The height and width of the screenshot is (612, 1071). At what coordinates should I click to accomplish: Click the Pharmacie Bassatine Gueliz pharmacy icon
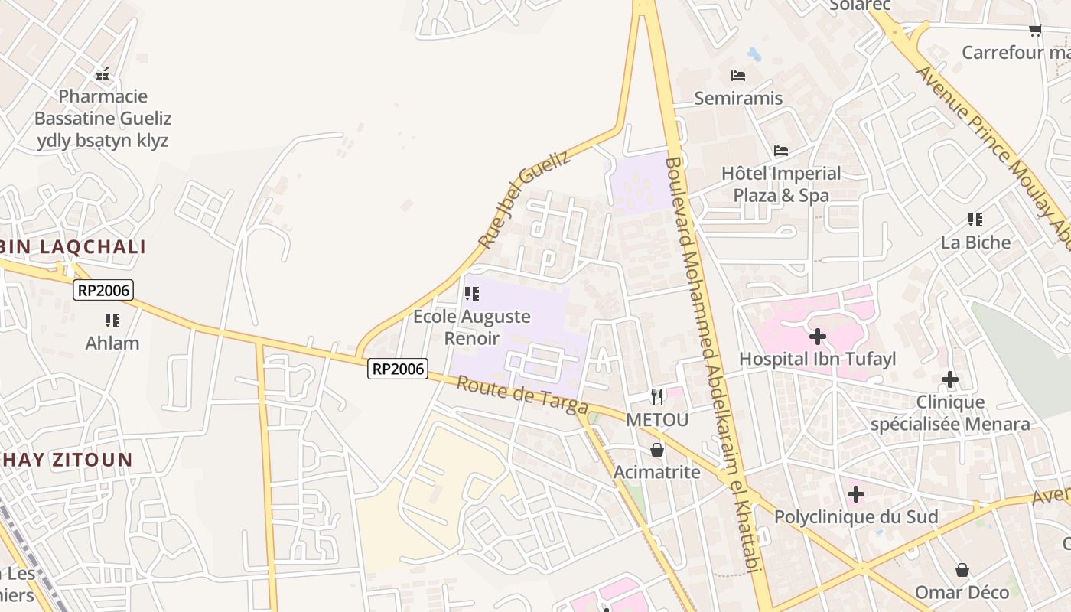103,74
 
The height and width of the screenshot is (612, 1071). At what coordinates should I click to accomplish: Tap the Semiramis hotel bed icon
738,76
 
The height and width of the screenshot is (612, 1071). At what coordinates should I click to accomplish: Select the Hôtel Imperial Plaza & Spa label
781,184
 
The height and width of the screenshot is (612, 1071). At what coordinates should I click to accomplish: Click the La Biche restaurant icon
975,220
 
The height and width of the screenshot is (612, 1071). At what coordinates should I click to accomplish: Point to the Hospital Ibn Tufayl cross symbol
818,336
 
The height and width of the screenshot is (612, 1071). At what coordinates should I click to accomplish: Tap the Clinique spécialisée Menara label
950,413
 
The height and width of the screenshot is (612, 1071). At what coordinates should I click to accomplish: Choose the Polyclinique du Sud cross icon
856,494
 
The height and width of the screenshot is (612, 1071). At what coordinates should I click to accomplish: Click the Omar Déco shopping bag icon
962,570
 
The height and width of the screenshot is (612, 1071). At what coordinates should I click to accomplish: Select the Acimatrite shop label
657,472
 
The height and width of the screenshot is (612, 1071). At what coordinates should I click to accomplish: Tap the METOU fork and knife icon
657,396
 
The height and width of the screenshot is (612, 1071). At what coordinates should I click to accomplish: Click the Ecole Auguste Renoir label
472,327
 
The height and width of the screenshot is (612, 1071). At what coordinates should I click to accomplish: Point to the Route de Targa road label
522,395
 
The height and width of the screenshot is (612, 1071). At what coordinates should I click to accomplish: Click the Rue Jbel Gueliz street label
524,200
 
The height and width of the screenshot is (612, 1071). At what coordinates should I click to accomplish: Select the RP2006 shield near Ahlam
103,290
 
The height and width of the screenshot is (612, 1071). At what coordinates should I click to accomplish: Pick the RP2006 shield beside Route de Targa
397,369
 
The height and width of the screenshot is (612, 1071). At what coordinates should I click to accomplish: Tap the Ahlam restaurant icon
112,321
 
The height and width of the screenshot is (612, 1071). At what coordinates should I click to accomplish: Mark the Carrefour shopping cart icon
1035,31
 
